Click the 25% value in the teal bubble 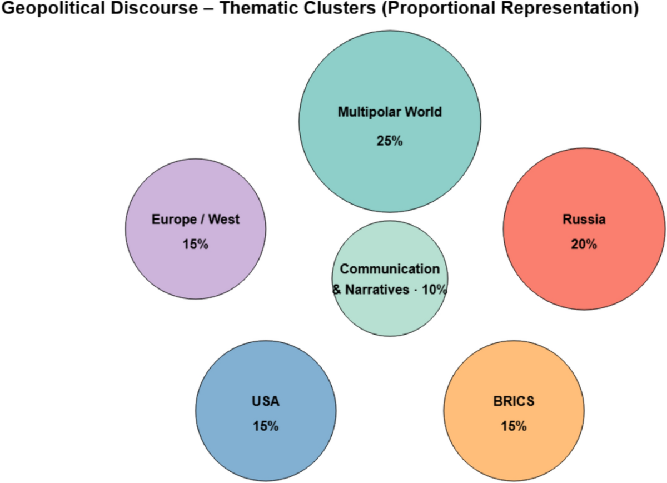[x=389, y=141]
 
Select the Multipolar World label [x=389, y=112]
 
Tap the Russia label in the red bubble [x=584, y=220]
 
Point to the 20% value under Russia [x=584, y=244]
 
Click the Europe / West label [x=195, y=220]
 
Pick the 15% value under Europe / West [x=195, y=244]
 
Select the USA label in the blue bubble [x=266, y=401]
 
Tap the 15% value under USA [x=266, y=426]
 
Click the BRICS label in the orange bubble [x=514, y=401]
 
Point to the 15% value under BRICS [x=514, y=426]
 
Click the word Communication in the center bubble [x=389, y=269]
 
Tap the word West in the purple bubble [x=225, y=220]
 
